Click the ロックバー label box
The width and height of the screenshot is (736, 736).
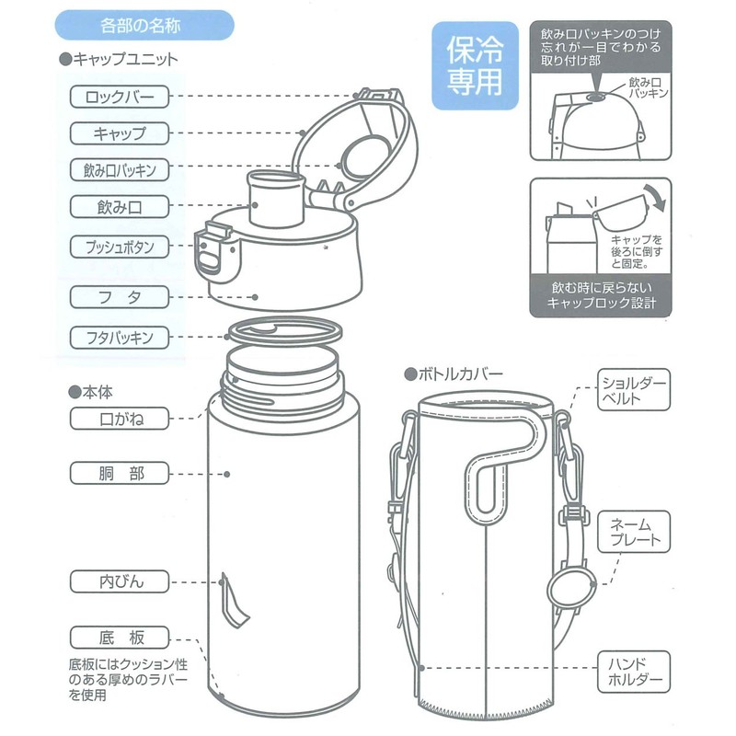pyautogui.click(x=120, y=96)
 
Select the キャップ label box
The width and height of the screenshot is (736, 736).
pyautogui.click(x=120, y=132)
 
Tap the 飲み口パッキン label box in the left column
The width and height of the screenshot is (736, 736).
pyautogui.click(x=120, y=170)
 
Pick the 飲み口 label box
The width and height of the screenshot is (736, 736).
pyautogui.click(x=120, y=206)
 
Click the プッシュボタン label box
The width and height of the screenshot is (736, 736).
pyautogui.click(x=120, y=247)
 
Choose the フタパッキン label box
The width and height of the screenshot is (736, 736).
pyautogui.click(x=120, y=337)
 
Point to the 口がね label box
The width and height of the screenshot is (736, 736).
pyautogui.click(x=120, y=420)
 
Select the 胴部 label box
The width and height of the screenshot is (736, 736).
pyautogui.click(x=120, y=474)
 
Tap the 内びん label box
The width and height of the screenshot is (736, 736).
pyautogui.click(x=120, y=581)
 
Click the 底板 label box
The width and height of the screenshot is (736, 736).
pyautogui.click(x=120, y=637)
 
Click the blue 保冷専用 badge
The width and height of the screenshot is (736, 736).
pyautogui.click(x=475, y=70)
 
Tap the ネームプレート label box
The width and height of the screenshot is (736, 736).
pyautogui.click(x=634, y=531)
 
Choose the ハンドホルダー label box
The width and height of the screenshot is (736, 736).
pyautogui.click(x=634, y=672)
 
